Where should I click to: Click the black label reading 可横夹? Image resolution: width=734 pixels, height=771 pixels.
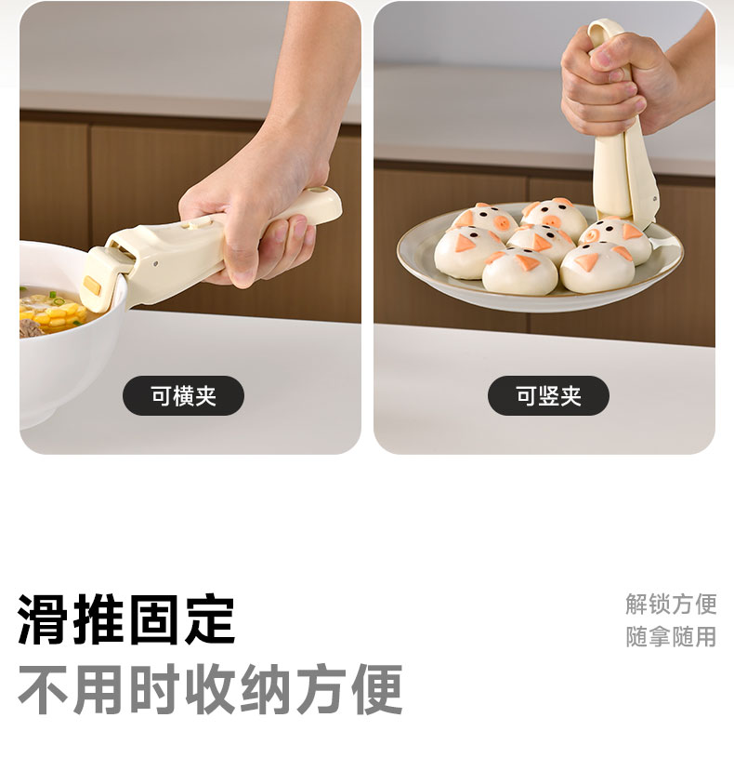click(x=183, y=396)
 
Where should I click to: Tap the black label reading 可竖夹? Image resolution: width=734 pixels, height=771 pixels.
click(x=548, y=396)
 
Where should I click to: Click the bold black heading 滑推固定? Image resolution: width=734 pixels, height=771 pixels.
click(x=125, y=619)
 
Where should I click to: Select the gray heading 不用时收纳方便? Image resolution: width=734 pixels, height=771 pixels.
click(x=210, y=689)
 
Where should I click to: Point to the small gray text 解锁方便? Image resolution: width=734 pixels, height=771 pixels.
click(x=671, y=604)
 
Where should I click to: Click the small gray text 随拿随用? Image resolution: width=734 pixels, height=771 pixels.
click(x=671, y=637)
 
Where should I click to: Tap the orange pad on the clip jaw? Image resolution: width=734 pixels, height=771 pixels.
click(x=93, y=286)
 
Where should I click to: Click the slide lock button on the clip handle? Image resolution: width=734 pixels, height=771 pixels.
click(x=198, y=223)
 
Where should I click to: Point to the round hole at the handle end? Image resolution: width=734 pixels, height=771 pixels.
click(x=322, y=191)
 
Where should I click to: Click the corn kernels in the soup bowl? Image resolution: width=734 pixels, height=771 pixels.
click(x=54, y=314)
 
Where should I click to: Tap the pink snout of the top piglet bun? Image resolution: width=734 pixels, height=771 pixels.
click(x=551, y=220)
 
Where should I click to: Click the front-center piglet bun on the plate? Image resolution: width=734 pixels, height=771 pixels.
click(x=519, y=271)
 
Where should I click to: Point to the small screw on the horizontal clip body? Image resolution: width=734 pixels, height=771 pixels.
click(x=156, y=263)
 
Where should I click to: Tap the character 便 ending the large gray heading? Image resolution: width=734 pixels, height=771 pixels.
click(x=377, y=689)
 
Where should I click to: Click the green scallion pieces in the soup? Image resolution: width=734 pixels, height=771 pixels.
click(x=55, y=298)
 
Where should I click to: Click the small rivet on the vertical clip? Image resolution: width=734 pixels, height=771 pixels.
click(x=655, y=199)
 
